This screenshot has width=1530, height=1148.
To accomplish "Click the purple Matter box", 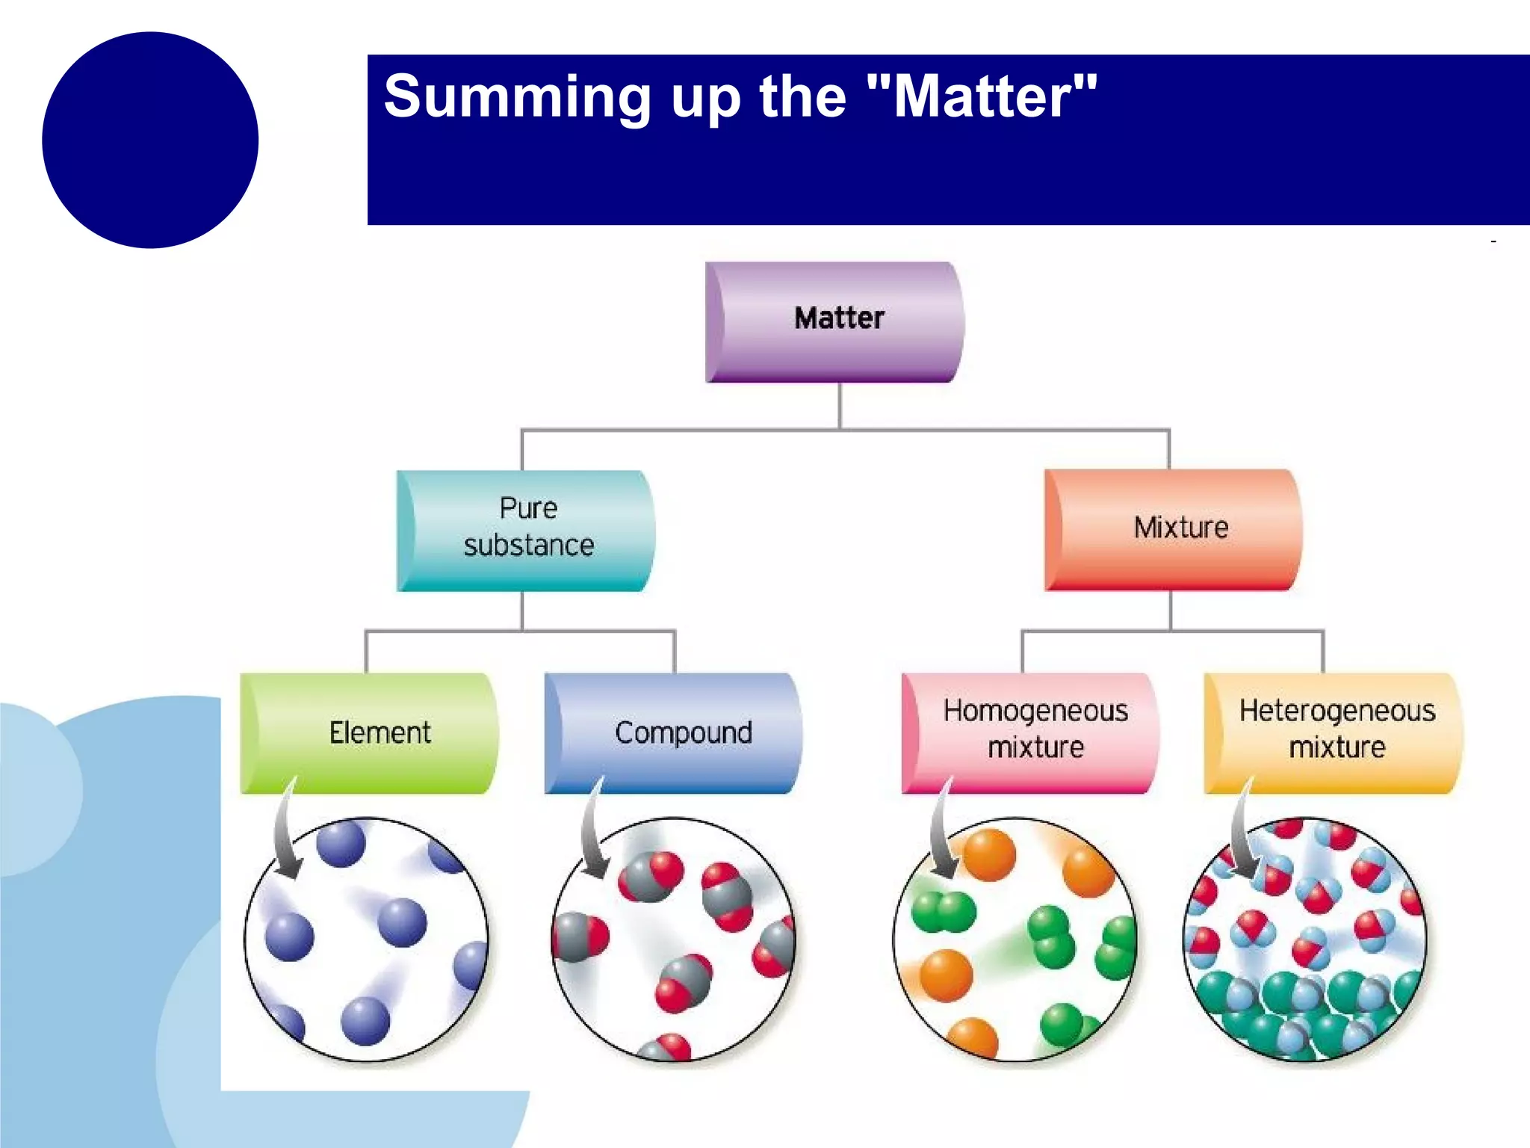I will [x=834, y=321].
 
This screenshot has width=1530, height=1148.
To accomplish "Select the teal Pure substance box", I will [x=526, y=530].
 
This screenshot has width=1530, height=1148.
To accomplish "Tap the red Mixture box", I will [x=1173, y=529].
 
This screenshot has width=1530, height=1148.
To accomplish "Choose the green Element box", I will [x=369, y=732].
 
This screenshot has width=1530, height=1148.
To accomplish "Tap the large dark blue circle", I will [x=150, y=140].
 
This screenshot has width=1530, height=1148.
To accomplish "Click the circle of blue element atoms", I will [x=366, y=939].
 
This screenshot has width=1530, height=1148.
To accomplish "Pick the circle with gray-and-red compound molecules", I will [x=674, y=939].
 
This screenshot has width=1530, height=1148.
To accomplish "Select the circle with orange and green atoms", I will [x=1015, y=939].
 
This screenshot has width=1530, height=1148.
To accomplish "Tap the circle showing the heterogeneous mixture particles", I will [x=1305, y=939].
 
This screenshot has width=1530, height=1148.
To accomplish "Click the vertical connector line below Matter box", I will [x=840, y=406].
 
